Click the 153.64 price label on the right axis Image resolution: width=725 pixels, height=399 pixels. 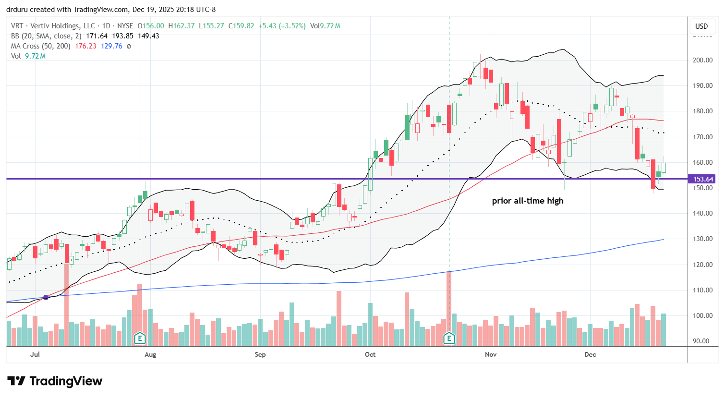(703, 179)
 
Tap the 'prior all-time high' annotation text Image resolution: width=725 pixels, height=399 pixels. (527, 201)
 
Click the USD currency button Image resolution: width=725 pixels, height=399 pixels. (701, 26)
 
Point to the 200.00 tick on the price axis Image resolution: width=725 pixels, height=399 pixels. (702, 60)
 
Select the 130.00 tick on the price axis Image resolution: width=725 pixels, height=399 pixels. (702, 239)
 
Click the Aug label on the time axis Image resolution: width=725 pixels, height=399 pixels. (150, 354)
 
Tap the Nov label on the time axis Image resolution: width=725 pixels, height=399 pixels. (490, 354)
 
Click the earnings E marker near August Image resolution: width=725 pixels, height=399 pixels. (140, 338)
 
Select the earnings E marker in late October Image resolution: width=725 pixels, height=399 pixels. (449, 338)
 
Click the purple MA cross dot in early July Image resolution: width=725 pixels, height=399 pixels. (46, 297)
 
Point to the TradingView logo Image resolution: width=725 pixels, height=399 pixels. (55, 381)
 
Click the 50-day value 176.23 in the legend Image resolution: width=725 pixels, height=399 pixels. (85, 46)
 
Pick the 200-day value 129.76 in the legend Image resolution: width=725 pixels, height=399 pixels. (111, 46)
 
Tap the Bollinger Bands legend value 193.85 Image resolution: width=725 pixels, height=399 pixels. (123, 36)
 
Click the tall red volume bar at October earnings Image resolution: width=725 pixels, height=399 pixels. (449, 307)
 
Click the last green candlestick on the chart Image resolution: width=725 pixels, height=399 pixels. (664, 167)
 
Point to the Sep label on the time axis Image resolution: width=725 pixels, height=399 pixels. (260, 354)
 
